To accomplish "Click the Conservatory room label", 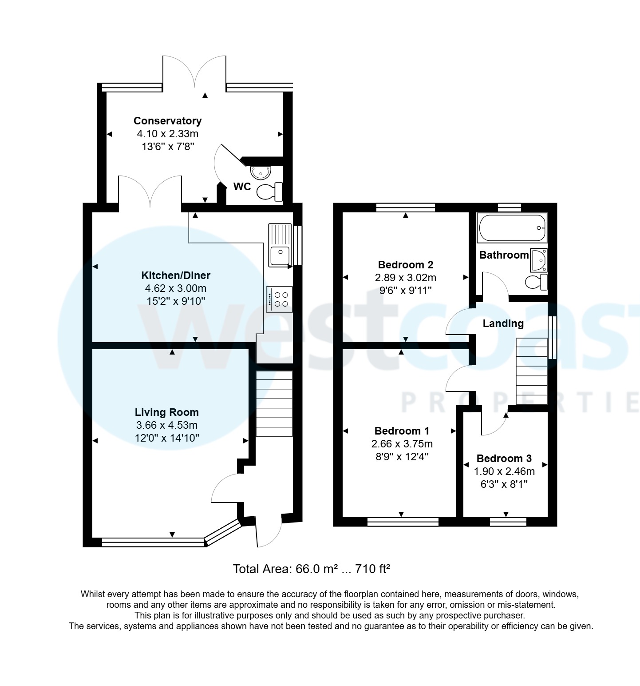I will (167, 121).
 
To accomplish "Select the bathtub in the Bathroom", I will (511, 228).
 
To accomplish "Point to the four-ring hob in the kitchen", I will (280, 299).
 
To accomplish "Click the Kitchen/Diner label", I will (175, 275).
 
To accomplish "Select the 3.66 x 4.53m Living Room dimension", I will (166, 425).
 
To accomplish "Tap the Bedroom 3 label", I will (504, 459).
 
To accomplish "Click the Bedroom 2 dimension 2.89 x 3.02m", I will (405, 278).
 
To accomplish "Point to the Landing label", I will (503, 323).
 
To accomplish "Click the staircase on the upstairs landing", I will (531, 371).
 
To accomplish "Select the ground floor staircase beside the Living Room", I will (274, 403).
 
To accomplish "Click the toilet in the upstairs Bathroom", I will (536, 282).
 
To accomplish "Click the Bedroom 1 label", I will (402, 431).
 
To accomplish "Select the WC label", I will (242, 187).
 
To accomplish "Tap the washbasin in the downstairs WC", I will (261, 171).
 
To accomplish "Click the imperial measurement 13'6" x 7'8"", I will (168, 147).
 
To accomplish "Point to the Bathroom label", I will (504, 255).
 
